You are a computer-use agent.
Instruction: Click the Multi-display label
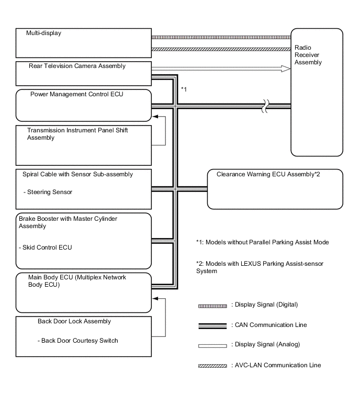pyautogui.click(x=44, y=33)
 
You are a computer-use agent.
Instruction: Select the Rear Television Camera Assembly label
pyautogui.click(x=77, y=66)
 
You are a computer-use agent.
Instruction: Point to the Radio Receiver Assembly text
pyautogui.click(x=308, y=54)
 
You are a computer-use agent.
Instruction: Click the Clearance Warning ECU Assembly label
pyautogui.click(x=268, y=175)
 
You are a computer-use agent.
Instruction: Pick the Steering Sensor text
pyautogui.click(x=48, y=192)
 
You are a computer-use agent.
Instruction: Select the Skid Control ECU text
pyautogui.click(x=44, y=247)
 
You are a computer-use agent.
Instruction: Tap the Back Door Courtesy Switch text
pyautogui.click(x=78, y=341)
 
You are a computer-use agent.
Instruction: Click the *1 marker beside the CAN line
pyautogui.click(x=184, y=89)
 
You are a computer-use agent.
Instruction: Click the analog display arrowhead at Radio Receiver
pyautogui.click(x=286, y=68)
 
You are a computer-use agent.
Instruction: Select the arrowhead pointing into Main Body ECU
pyautogui.click(x=155, y=299)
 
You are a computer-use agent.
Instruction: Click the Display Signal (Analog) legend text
pyautogui.click(x=267, y=344)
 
